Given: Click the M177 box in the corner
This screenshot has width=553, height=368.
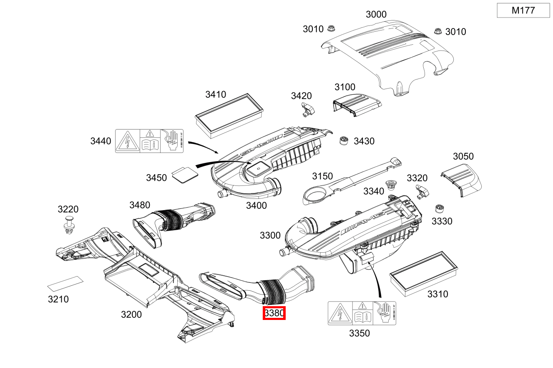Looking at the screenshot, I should coord(523,10).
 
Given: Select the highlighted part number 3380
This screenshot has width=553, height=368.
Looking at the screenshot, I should coord(274,313).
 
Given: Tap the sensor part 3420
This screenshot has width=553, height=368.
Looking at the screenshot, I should coord(308,109).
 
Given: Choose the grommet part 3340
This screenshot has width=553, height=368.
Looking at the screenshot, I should coord(391,185).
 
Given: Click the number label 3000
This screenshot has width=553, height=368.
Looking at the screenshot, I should coord(376,15).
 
